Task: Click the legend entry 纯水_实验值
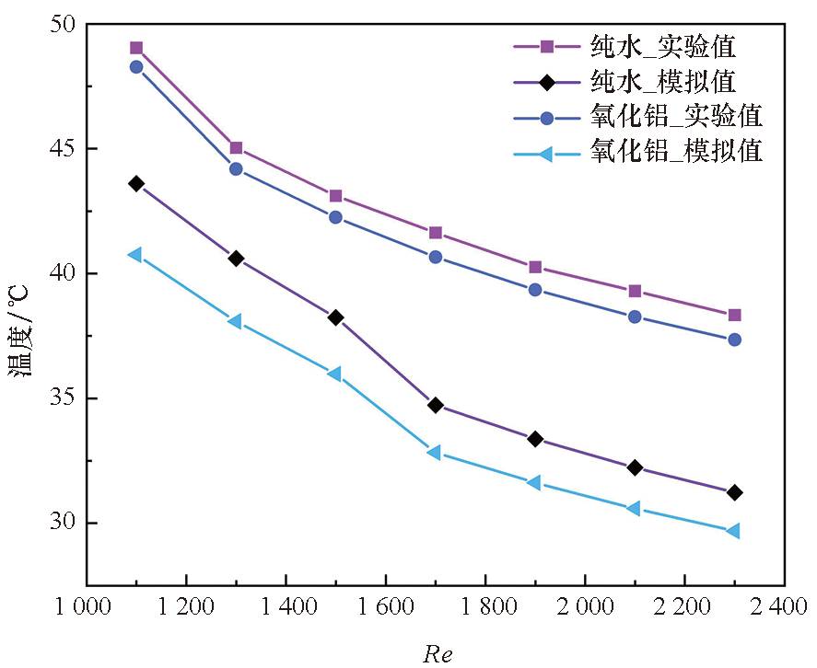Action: pos(663,45)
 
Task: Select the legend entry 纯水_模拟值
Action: pos(663,81)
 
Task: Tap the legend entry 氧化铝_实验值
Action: pos(676,117)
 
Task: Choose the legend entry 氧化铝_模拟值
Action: pos(676,151)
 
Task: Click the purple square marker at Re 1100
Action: pos(136,48)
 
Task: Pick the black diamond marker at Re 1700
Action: pos(435,405)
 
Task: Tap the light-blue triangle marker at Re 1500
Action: pos(335,374)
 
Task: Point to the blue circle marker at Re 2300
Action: pos(734,340)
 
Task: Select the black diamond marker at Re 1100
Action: pos(136,184)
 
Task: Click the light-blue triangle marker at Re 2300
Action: pos(733,531)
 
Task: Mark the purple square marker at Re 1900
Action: pos(534,267)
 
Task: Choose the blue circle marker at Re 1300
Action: pos(236,169)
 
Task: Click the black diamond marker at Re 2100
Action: pos(634,467)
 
